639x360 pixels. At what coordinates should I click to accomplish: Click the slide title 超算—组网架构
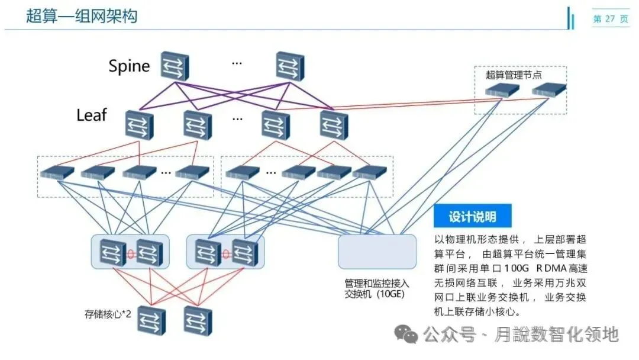point(82,16)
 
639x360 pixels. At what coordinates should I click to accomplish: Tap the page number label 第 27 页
point(611,19)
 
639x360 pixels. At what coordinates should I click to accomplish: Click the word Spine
point(129,66)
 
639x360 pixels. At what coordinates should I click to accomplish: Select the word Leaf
point(91,115)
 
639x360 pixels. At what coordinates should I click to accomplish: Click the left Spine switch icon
point(175,66)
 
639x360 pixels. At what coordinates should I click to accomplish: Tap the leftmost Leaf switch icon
point(139,125)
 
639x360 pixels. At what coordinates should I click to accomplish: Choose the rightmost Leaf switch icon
point(334,125)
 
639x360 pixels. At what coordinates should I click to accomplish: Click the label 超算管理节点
point(514,75)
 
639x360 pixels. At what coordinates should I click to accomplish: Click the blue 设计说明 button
point(472,217)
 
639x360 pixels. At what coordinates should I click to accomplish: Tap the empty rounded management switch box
point(377,252)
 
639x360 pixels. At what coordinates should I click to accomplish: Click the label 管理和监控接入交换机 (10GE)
point(376,288)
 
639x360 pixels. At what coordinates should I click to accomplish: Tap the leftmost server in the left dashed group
point(57,173)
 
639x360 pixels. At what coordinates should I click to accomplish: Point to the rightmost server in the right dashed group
point(369,172)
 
